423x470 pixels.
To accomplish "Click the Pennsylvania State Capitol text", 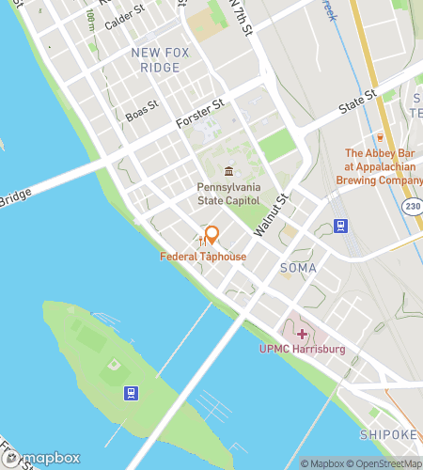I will point(230,194).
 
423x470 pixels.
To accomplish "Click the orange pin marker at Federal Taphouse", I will point(211,234).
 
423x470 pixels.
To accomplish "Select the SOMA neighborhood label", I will point(298,268).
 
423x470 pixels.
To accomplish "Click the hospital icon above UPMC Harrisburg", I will point(303,334).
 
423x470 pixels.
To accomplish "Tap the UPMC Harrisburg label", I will point(303,350).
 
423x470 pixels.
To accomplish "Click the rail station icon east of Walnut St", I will point(340,227).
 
